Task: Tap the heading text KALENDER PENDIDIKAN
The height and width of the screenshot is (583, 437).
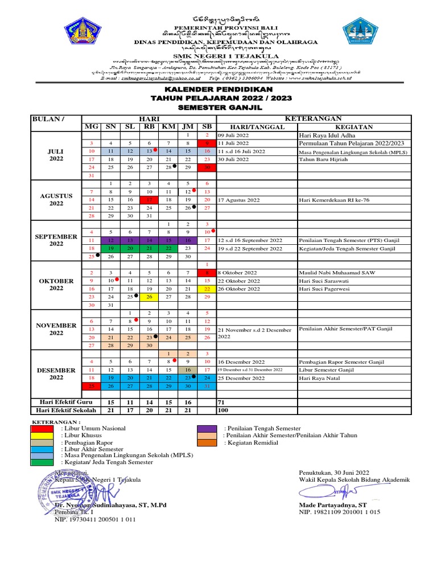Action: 219,90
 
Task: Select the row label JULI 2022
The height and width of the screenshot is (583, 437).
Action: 56,155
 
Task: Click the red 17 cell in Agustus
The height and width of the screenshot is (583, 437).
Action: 149,200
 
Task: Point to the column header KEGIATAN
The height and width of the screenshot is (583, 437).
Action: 354,127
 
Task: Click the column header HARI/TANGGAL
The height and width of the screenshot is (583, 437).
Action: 257,127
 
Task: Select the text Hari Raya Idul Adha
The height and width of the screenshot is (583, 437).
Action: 322,136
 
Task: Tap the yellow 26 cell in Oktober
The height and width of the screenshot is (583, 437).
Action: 149,297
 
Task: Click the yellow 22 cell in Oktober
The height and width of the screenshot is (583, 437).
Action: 207,289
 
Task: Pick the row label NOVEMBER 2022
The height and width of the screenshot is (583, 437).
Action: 56,329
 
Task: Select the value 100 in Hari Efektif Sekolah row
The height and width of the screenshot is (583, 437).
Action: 222,410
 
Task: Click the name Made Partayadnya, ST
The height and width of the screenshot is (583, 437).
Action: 333,504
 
